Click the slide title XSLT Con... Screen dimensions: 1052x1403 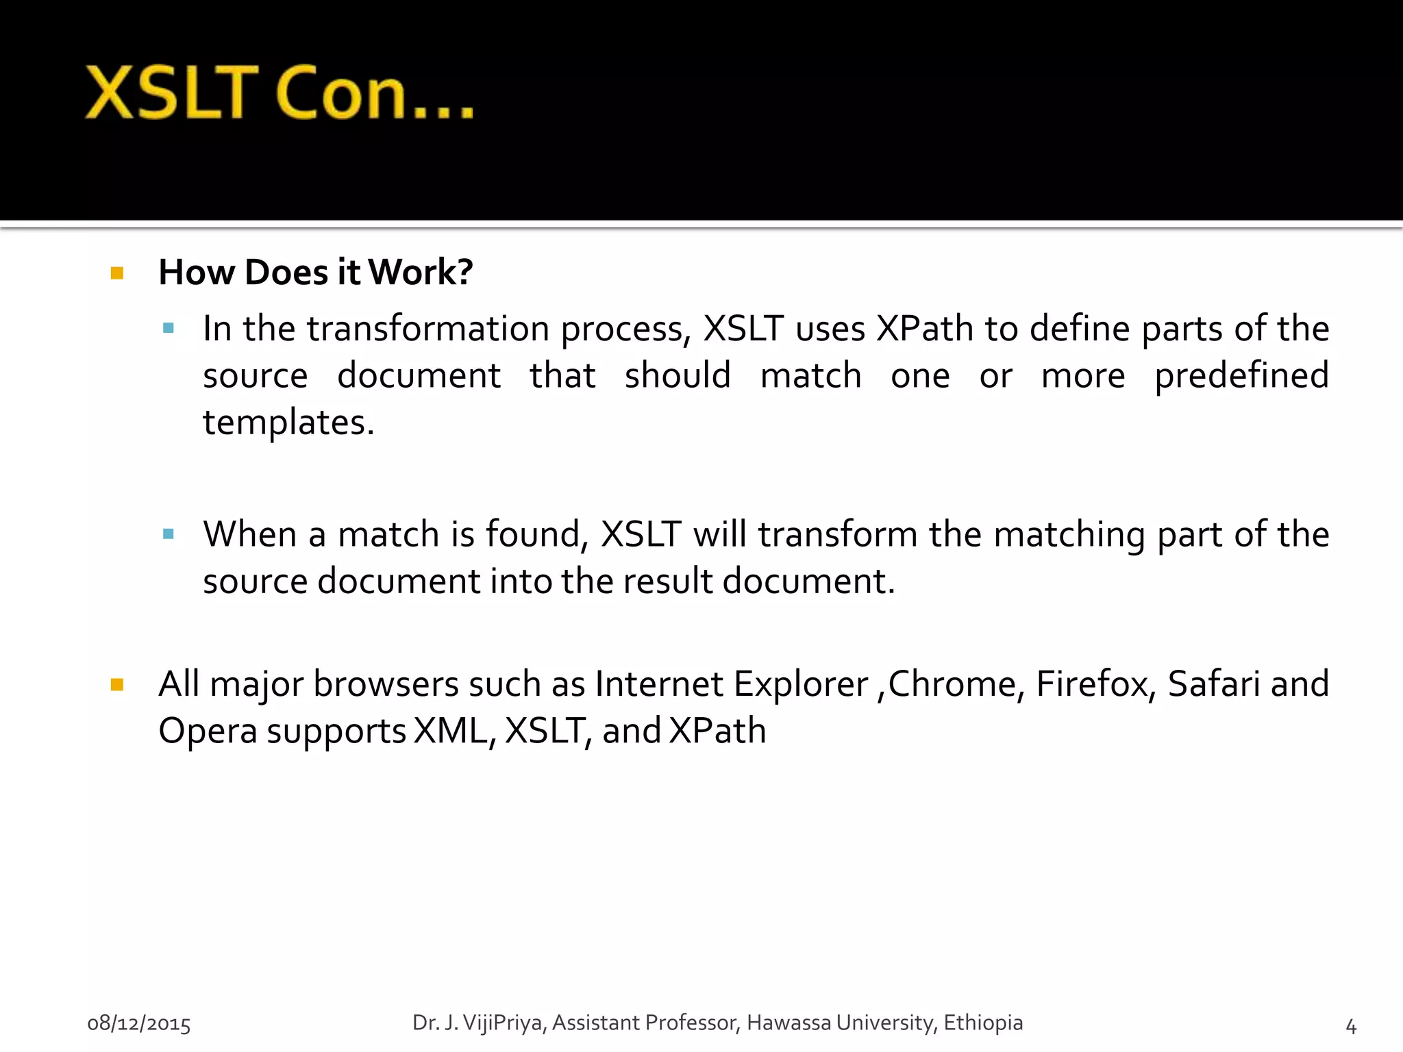click(x=280, y=93)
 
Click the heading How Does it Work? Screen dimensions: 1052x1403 click(x=315, y=272)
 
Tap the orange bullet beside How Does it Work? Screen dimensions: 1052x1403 click(x=117, y=273)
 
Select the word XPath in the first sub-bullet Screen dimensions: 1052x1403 click(x=925, y=329)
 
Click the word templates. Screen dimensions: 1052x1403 click(x=288, y=423)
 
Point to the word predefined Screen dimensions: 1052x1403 click(x=1241, y=376)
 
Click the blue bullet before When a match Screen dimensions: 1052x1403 click(x=169, y=534)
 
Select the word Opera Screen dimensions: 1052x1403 click(x=208, y=731)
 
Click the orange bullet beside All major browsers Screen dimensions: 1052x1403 click(x=117, y=684)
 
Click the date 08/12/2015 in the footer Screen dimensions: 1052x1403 click(x=139, y=1023)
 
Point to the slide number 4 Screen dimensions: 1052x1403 click(x=1351, y=1025)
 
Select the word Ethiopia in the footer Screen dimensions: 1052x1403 click(x=982, y=1023)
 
